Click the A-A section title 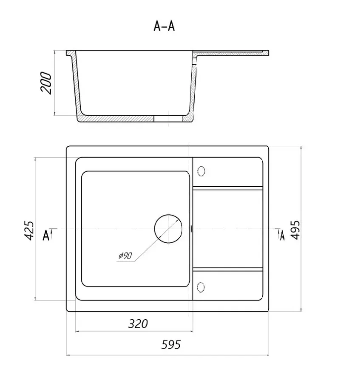point(164,26)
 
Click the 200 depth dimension point(46,83)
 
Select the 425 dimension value point(29,230)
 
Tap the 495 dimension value point(295,230)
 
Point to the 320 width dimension point(138,324)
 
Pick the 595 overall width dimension point(171,344)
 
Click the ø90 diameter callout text point(125,256)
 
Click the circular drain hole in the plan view point(168,229)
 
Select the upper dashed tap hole point(201,171)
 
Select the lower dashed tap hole point(201,287)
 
